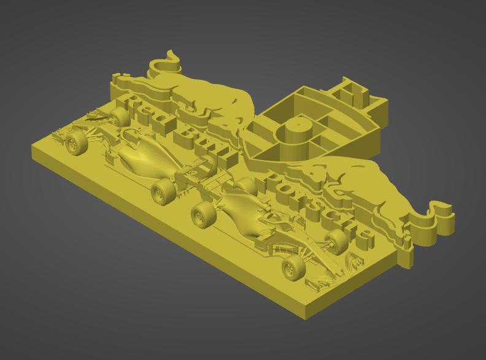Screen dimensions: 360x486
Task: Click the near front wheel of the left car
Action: tap(75, 144)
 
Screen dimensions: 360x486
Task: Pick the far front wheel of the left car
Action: tap(118, 115)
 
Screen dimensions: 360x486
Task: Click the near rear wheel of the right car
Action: tap(203, 215)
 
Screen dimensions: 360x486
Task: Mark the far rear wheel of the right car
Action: tap(246, 185)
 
